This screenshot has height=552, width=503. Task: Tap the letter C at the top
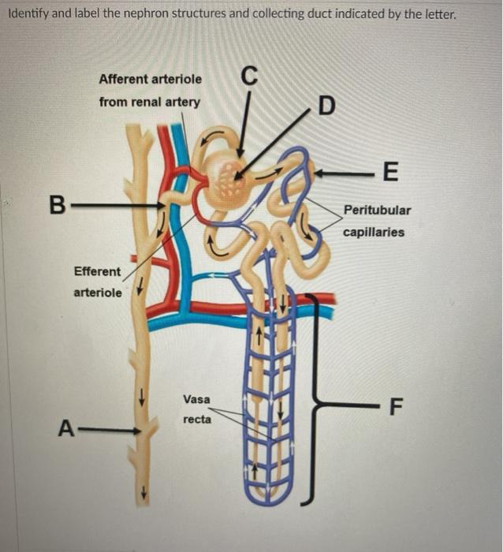249,76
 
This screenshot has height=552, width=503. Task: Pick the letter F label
395,408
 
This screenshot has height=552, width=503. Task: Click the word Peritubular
377,211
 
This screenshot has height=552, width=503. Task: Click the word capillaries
374,232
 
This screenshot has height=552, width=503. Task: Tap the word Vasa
196,400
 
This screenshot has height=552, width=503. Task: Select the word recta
196,420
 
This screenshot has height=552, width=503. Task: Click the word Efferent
97,271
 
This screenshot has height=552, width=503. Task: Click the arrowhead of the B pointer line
161,207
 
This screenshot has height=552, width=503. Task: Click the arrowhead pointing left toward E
322,170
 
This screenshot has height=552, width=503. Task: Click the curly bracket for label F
319,402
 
